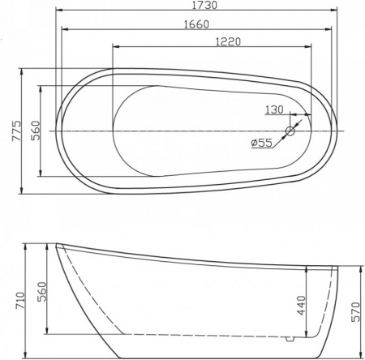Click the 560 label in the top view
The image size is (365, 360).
click(35, 132)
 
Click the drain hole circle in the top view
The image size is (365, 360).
click(292, 131)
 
